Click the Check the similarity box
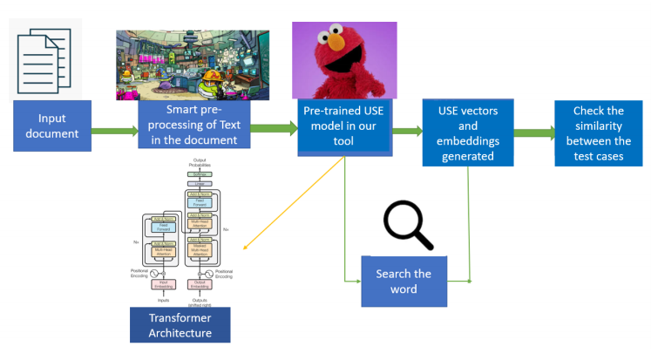tap(598, 132)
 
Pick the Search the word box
tap(404, 281)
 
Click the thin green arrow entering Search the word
tap(353, 281)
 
